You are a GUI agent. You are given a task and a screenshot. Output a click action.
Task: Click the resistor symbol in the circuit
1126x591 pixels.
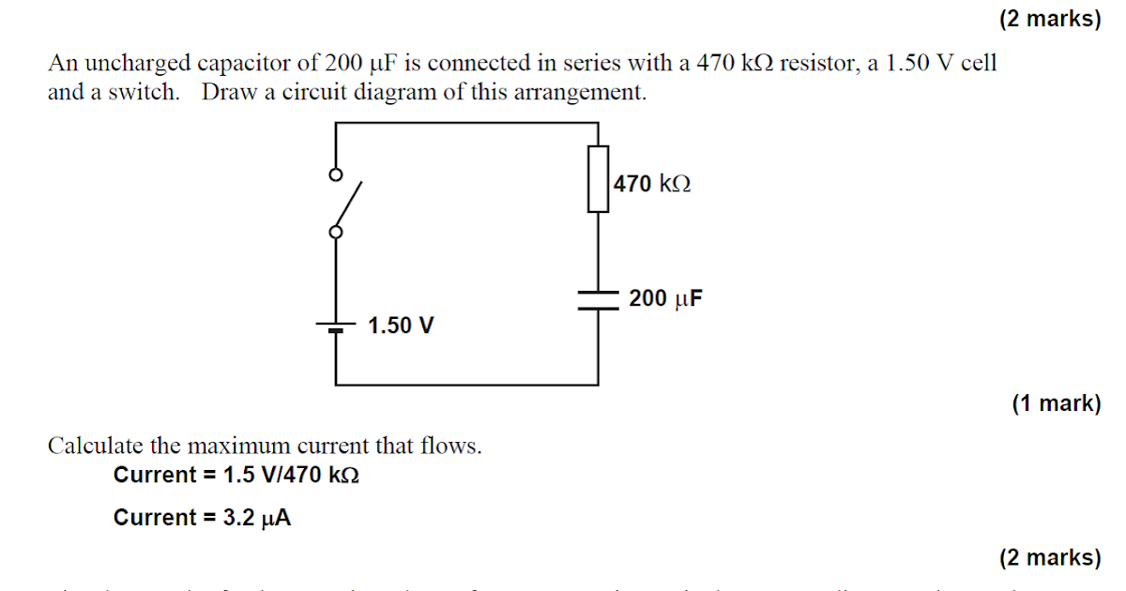point(599,178)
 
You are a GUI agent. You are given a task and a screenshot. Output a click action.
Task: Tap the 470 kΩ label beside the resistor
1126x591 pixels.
point(653,184)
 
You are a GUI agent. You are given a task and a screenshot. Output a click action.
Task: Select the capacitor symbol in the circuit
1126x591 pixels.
point(599,299)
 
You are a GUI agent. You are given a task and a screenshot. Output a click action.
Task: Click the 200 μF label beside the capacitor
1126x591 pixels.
point(666,299)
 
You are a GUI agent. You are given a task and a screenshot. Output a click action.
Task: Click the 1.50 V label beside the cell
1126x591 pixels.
point(401,326)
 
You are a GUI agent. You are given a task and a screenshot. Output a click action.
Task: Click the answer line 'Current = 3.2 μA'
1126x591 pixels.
point(202,518)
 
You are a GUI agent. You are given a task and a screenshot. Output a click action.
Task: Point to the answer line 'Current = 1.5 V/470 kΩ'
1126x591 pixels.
point(236,475)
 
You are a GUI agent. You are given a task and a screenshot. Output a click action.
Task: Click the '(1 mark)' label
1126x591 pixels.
point(1056,403)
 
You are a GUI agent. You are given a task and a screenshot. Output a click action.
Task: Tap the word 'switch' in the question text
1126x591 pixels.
point(147,93)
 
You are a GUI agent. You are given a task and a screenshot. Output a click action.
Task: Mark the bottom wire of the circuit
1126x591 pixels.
point(467,385)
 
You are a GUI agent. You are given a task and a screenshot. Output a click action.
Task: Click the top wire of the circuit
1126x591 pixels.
point(467,122)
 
